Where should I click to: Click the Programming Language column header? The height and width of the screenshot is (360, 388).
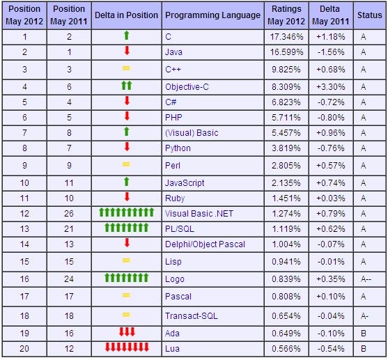click(x=212, y=15)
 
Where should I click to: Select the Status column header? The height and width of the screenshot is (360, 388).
click(x=369, y=15)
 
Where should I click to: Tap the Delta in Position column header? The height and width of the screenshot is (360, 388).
click(x=126, y=15)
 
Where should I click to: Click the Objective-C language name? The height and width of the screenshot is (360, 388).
click(x=187, y=87)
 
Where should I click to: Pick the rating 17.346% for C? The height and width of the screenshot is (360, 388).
click(x=286, y=37)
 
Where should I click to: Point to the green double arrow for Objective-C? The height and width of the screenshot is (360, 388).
click(x=127, y=86)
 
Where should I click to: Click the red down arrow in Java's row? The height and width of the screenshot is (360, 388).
click(x=127, y=50)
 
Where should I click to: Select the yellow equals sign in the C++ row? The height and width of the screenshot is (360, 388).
click(x=126, y=68)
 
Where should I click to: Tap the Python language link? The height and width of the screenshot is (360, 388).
click(x=178, y=148)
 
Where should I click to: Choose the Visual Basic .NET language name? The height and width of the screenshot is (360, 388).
click(x=199, y=214)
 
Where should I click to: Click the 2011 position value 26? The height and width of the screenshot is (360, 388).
click(x=69, y=214)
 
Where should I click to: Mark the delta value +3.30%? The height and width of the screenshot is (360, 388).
click(x=331, y=87)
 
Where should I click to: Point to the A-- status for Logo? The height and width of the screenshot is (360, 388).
click(x=366, y=279)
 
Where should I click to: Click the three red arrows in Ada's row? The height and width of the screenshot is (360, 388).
click(x=127, y=331)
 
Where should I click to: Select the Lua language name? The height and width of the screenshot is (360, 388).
click(x=172, y=349)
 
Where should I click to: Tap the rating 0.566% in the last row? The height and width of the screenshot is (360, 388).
click(x=286, y=349)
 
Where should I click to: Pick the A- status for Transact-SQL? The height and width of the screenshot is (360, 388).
click(x=364, y=316)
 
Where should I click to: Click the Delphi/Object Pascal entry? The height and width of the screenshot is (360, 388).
click(x=205, y=244)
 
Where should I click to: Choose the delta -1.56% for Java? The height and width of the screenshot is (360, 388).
click(x=331, y=52)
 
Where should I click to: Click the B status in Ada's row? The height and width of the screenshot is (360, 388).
click(x=364, y=334)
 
